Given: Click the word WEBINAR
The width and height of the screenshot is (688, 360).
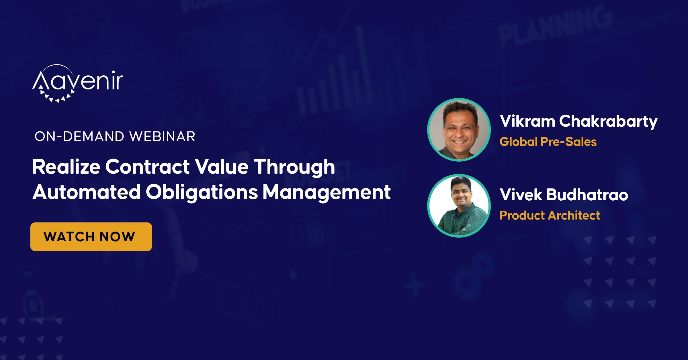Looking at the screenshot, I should coord(162,136).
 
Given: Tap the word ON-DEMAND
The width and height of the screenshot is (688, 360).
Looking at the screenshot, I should coord(79,136).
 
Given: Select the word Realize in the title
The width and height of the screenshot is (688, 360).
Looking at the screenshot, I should coord(66,167).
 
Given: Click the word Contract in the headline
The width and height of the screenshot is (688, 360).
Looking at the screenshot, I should coord(147,167).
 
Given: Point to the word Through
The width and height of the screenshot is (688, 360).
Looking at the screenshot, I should coord(294,167).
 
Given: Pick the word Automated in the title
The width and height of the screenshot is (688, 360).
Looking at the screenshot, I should coord(87,192).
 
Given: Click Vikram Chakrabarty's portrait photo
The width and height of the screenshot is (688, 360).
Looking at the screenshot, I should coord(459,130).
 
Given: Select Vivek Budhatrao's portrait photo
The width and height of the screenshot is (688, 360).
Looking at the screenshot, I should coord(459,206).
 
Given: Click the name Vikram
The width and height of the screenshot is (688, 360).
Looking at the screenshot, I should coord(527,121).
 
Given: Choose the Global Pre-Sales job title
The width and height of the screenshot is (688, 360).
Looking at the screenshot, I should coord(548,142).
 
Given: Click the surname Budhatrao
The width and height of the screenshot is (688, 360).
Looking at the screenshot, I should coord(587,195).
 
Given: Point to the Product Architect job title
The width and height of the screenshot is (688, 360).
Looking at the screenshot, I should coord(550,216).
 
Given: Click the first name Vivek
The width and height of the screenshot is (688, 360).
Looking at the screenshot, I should coord(521,195).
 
